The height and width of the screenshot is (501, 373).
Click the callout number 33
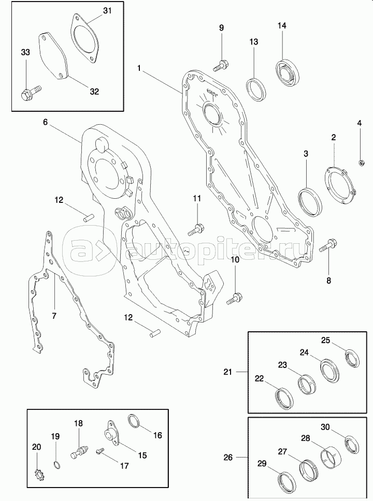[25, 52]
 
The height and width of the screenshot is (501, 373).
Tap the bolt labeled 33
[31, 92]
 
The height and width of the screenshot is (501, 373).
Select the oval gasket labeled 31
[84, 38]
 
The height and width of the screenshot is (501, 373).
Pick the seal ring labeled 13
[256, 90]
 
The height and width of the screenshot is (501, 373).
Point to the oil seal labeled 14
[288, 73]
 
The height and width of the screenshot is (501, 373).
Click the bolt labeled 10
[235, 299]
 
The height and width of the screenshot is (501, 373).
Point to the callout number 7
[54, 316]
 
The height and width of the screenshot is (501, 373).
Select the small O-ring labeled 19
[56, 465]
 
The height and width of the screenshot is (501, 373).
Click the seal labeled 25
[352, 358]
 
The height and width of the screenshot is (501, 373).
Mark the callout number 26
[228, 458]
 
